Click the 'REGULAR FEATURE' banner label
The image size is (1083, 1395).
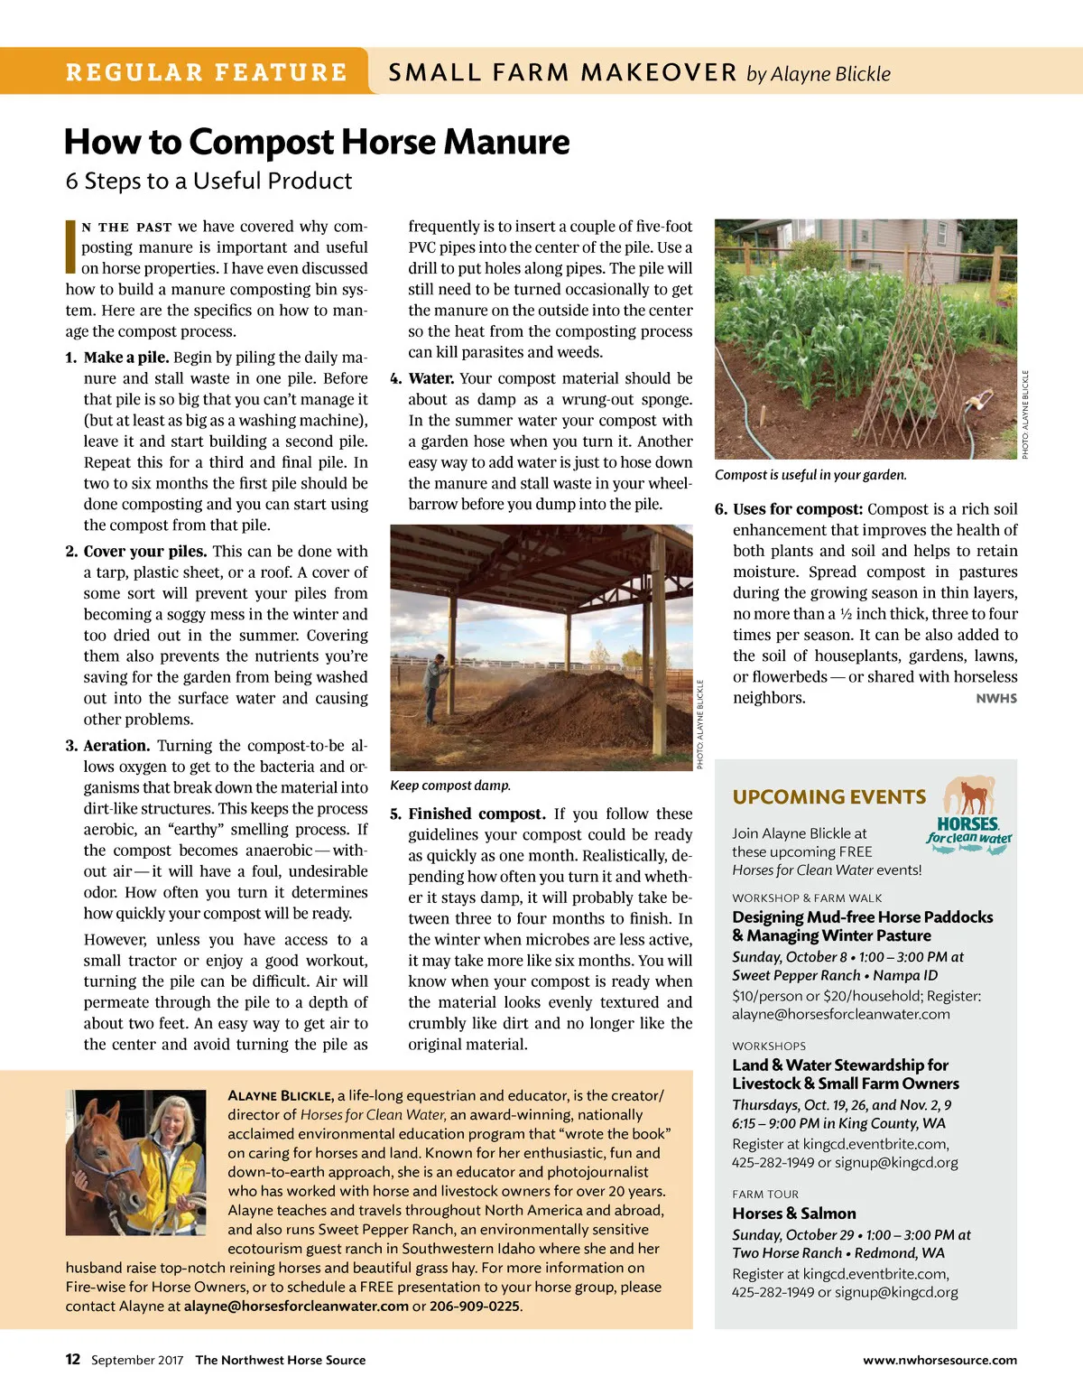point(207,72)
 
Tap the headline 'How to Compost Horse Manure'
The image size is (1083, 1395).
point(317,142)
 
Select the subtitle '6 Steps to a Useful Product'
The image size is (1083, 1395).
point(208,181)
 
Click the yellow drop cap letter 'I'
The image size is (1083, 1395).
point(70,246)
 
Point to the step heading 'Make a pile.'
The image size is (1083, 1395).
point(126,358)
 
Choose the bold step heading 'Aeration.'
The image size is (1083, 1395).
point(116,746)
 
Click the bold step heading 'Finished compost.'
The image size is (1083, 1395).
point(477,814)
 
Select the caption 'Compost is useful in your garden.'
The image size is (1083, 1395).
point(810,475)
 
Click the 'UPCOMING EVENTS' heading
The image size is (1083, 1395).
point(829,797)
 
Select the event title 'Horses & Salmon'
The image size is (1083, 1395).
point(794,1214)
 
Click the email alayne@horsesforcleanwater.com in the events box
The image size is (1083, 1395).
point(841,1014)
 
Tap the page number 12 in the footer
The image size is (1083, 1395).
point(73,1360)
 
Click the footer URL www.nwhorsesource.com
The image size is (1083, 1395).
point(940,1360)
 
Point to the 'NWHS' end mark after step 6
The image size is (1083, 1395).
point(996,698)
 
